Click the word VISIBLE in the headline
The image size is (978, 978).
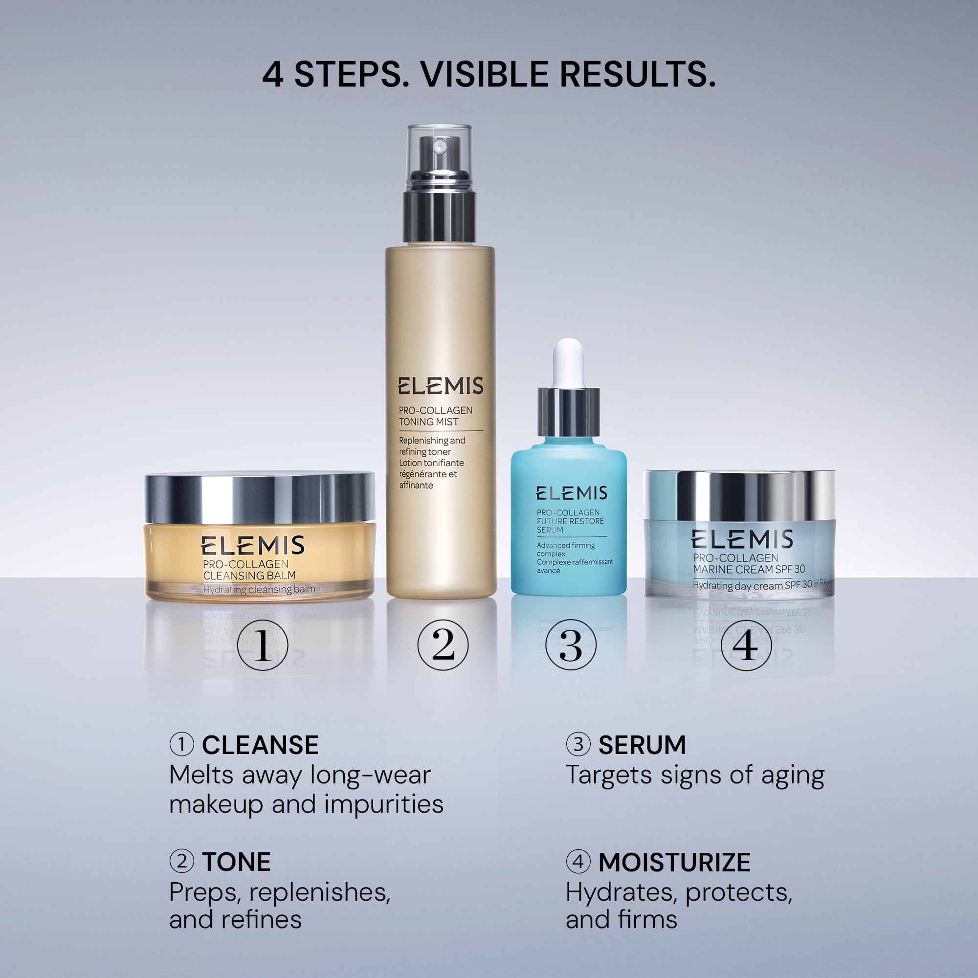coord(485,74)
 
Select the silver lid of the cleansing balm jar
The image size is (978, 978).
coord(260,498)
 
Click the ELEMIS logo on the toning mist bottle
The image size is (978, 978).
coord(440,386)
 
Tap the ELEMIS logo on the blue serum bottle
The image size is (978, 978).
coord(572,493)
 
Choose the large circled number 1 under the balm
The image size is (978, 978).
coord(262,645)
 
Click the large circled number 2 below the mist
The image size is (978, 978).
coord(443,645)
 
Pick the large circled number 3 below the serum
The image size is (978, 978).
coord(571,645)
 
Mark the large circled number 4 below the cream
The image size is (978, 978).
coord(746,645)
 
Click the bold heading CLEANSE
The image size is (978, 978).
coord(260,746)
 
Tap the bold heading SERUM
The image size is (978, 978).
coord(642,746)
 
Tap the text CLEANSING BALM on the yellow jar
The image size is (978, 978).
coord(249,576)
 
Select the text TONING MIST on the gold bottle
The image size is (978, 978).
coord(428,422)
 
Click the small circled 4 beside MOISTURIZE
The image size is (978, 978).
coord(578,862)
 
